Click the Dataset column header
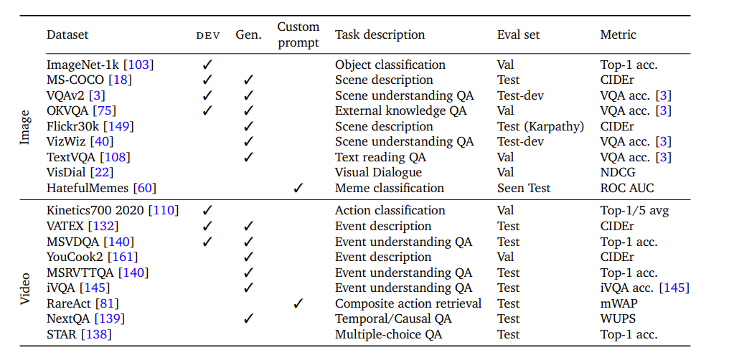coord(67,35)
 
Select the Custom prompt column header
coord(298,35)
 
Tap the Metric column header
coord(618,35)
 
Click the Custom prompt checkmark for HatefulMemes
coord(298,188)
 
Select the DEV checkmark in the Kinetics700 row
coord(207,210)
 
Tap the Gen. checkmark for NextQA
coord(249,318)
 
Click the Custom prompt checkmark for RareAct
coord(298,303)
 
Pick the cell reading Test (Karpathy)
coord(540,126)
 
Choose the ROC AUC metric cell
coord(626,188)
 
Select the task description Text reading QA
coord(380,158)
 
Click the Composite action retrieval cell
coord(408,303)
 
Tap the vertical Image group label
coord(24,126)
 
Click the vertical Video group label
coord(24,288)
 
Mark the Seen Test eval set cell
coord(524,188)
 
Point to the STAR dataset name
coord(62,334)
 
